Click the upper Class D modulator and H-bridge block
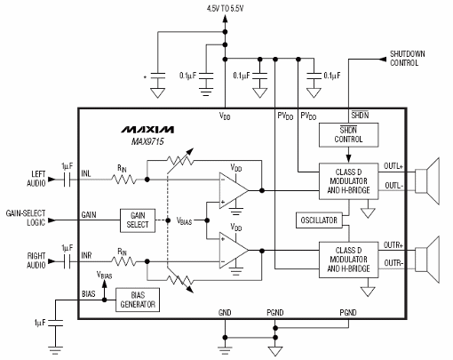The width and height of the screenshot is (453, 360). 349,177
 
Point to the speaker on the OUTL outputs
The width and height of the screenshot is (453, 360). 433,175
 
